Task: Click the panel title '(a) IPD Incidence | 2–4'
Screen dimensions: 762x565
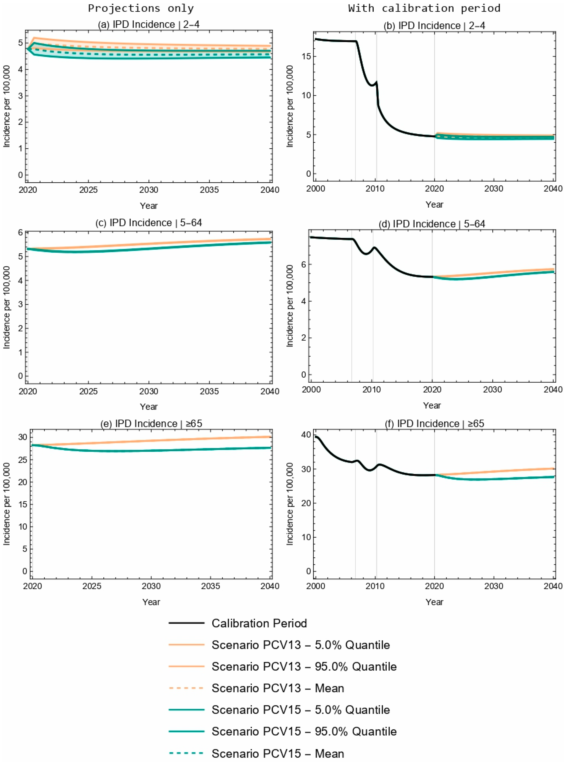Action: pyautogui.click(x=149, y=25)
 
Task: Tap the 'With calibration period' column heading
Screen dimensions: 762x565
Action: pyautogui.click(x=424, y=8)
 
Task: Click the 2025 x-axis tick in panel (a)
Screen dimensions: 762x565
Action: pyautogui.click(x=88, y=190)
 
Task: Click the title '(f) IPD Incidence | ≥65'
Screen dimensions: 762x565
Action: pyautogui.click(x=434, y=423)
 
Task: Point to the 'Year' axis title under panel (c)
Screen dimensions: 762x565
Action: pyautogui.click(x=149, y=406)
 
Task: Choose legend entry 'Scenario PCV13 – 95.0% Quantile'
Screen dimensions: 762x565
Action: pyautogui.click(x=304, y=666)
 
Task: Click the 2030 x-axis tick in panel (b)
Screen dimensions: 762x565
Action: pyautogui.click(x=494, y=189)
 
